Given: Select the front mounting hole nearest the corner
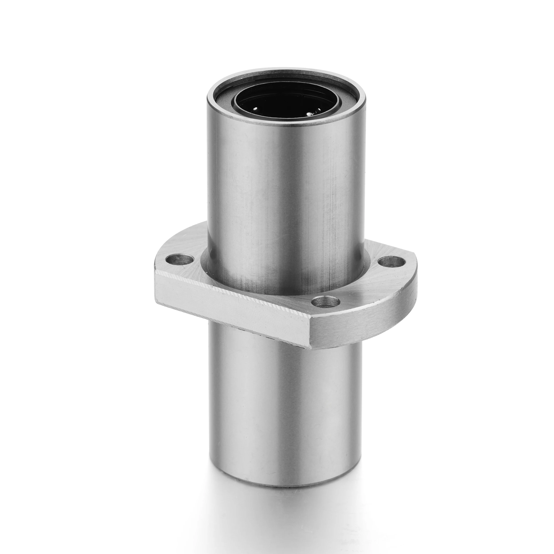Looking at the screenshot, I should [325, 302].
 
